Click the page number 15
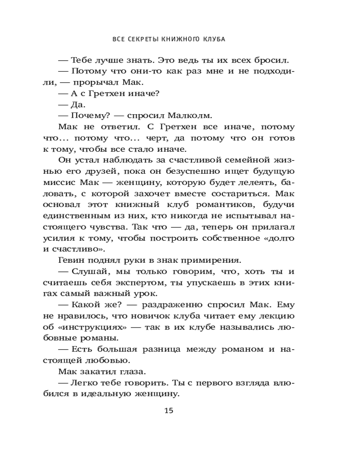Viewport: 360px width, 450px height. click(169, 410)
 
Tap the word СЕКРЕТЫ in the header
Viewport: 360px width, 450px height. click(140, 39)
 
